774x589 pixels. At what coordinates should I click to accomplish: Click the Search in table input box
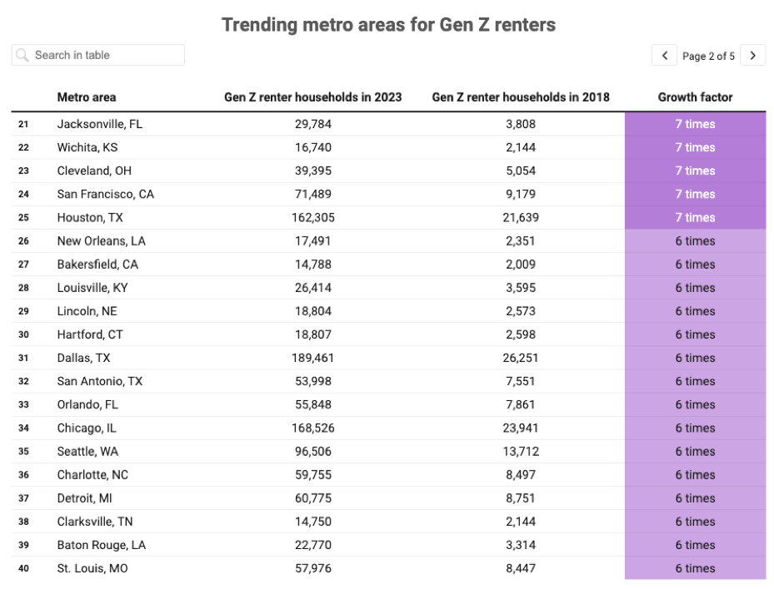pos(98,55)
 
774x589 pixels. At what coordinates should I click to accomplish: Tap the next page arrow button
pos(753,55)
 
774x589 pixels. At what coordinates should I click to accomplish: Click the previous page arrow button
pos(664,55)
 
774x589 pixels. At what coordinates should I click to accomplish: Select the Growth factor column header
pos(695,97)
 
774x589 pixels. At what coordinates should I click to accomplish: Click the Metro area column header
pos(87,97)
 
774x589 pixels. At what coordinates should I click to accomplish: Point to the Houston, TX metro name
pos(90,217)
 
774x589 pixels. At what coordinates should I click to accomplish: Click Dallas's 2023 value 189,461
pos(313,358)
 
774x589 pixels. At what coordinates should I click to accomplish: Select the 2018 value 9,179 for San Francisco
pos(520,194)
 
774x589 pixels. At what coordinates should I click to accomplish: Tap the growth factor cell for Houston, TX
pos(695,217)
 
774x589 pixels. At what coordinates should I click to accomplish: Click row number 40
pos(23,568)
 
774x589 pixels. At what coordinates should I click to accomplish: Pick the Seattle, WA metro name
pos(87,452)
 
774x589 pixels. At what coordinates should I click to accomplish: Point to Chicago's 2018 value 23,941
pos(520,428)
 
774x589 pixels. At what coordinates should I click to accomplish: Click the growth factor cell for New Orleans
pos(695,241)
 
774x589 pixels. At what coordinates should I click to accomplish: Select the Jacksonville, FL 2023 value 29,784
pos(313,124)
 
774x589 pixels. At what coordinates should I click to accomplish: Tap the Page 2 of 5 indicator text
pos(708,57)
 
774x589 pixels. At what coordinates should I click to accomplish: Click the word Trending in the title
pos(260,25)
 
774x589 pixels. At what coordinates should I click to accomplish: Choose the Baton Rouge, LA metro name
pos(101,545)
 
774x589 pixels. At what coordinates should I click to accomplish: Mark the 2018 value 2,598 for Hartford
pos(520,334)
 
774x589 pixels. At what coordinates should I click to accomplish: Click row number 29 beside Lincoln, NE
pos(23,311)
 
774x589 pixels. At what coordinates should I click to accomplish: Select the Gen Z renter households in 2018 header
pos(521,97)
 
